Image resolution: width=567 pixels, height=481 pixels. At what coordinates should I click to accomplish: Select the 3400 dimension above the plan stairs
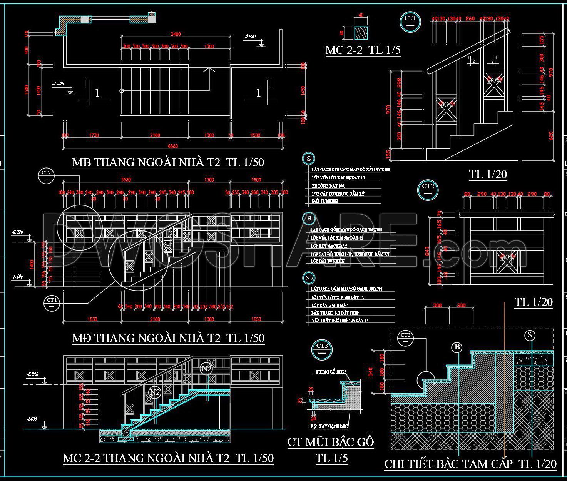[x=176, y=34]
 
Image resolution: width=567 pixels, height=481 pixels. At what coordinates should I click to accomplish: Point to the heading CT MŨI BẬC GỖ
[x=331, y=442]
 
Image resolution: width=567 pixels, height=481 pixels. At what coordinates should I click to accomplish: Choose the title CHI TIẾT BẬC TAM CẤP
[x=448, y=464]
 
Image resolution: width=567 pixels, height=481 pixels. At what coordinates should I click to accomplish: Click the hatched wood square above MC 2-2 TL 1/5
[x=361, y=33]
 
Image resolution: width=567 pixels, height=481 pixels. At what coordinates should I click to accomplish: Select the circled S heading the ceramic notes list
[x=308, y=159]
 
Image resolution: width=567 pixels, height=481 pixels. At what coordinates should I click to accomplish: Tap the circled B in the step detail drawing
[x=457, y=347]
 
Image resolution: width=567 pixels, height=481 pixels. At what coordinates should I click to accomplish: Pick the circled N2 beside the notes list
[x=309, y=278]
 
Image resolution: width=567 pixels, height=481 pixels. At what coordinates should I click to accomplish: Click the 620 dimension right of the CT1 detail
[x=551, y=135]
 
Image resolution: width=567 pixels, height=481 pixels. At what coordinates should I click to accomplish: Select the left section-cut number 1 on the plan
[x=97, y=93]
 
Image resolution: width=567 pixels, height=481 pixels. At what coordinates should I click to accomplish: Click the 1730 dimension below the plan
[x=94, y=135]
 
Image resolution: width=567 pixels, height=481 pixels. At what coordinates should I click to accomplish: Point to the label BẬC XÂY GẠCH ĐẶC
[x=329, y=427]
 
